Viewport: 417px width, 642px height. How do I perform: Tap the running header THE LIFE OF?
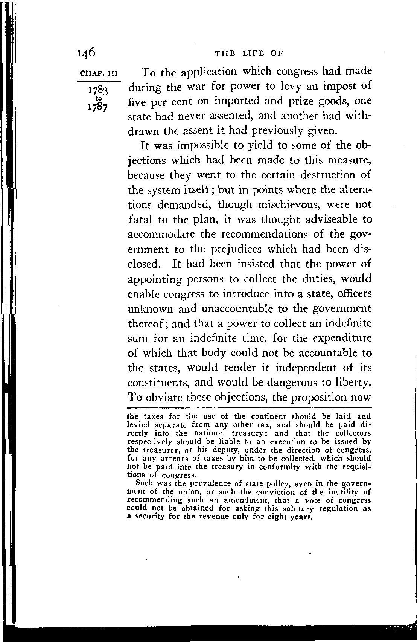248,53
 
